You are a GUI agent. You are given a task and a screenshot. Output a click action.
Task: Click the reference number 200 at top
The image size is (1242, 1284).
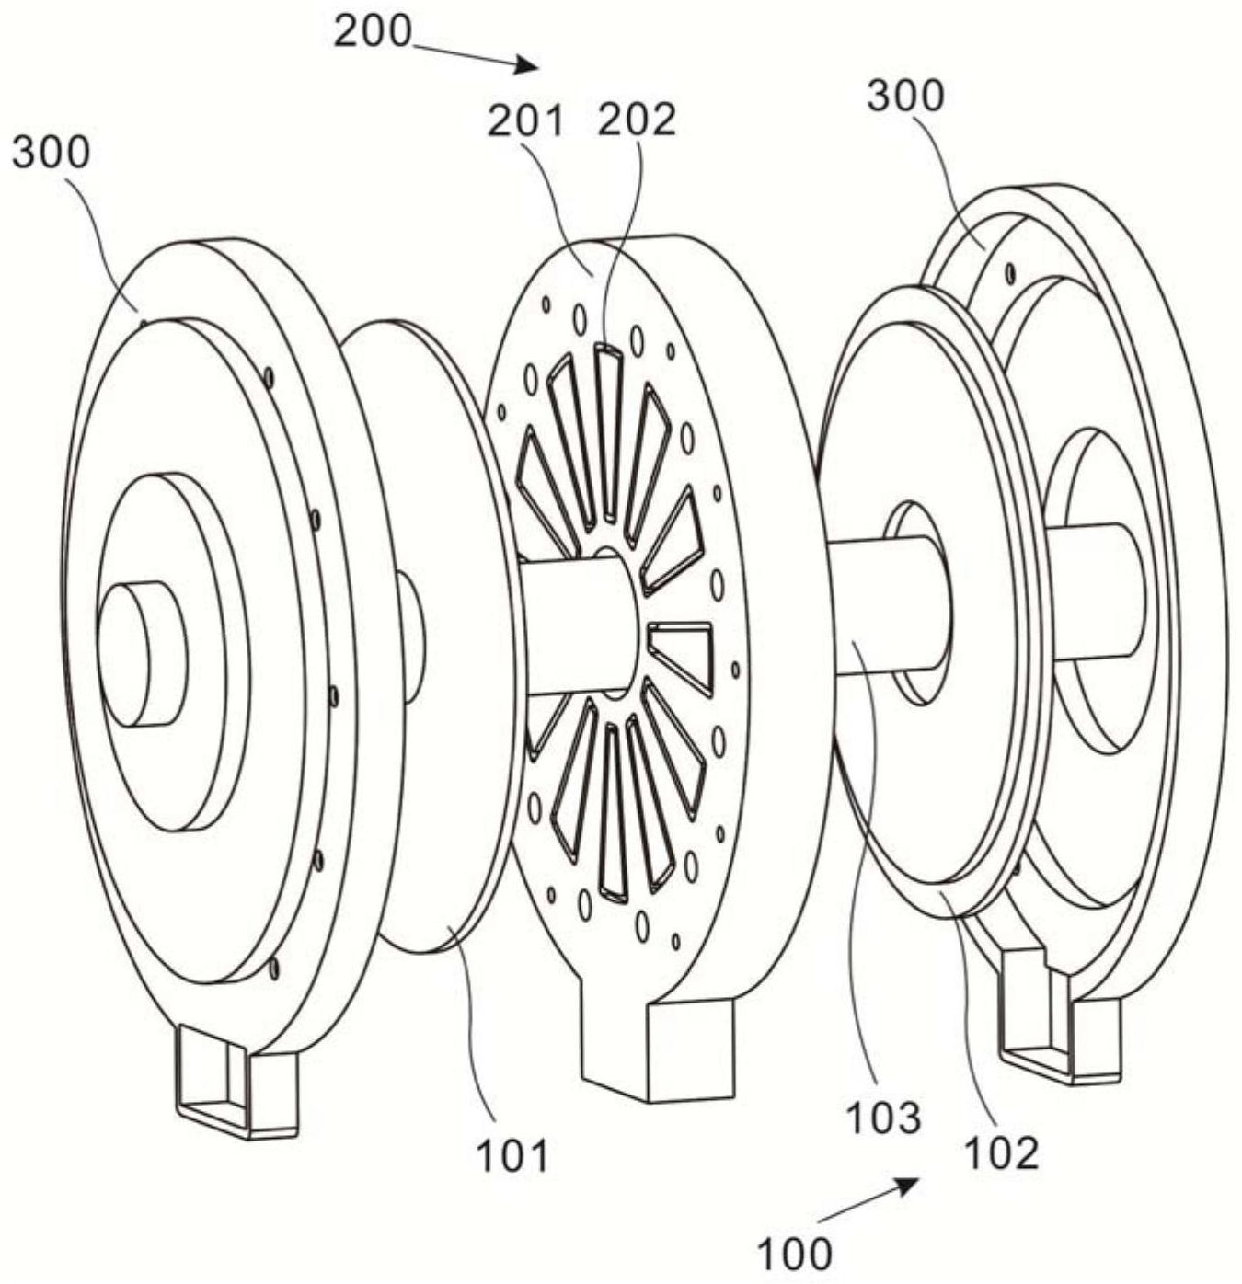click(x=373, y=31)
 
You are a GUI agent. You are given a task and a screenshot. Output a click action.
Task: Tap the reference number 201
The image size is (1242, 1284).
click(x=526, y=120)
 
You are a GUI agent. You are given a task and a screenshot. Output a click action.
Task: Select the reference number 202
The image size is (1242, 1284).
click(x=637, y=120)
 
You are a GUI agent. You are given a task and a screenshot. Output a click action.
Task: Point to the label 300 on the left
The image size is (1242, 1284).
click(x=51, y=153)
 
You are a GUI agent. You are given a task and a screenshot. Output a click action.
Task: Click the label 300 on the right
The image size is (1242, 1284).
click(x=905, y=97)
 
